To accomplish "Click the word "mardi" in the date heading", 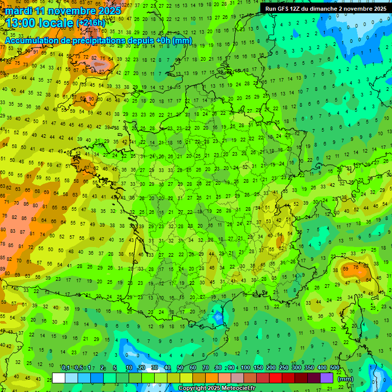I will click(x=19, y=11).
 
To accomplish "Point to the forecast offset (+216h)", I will click(x=90, y=23).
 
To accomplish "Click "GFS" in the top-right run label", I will click(x=283, y=9).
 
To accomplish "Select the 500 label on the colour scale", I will click(x=335, y=368).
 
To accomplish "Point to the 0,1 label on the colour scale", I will click(x=66, y=368).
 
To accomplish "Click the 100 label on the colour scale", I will click(x=246, y=368).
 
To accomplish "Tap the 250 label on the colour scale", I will click(x=284, y=368).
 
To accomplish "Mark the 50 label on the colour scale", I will click(x=180, y=368).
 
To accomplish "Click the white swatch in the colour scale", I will click(x=59, y=378).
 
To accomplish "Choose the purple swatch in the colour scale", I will click(x=327, y=378).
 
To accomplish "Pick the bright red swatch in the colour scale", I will click(x=276, y=378).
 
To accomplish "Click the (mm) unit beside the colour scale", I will click(x=346, y=379).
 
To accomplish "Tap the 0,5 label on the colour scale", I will click(x=78, y=368).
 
